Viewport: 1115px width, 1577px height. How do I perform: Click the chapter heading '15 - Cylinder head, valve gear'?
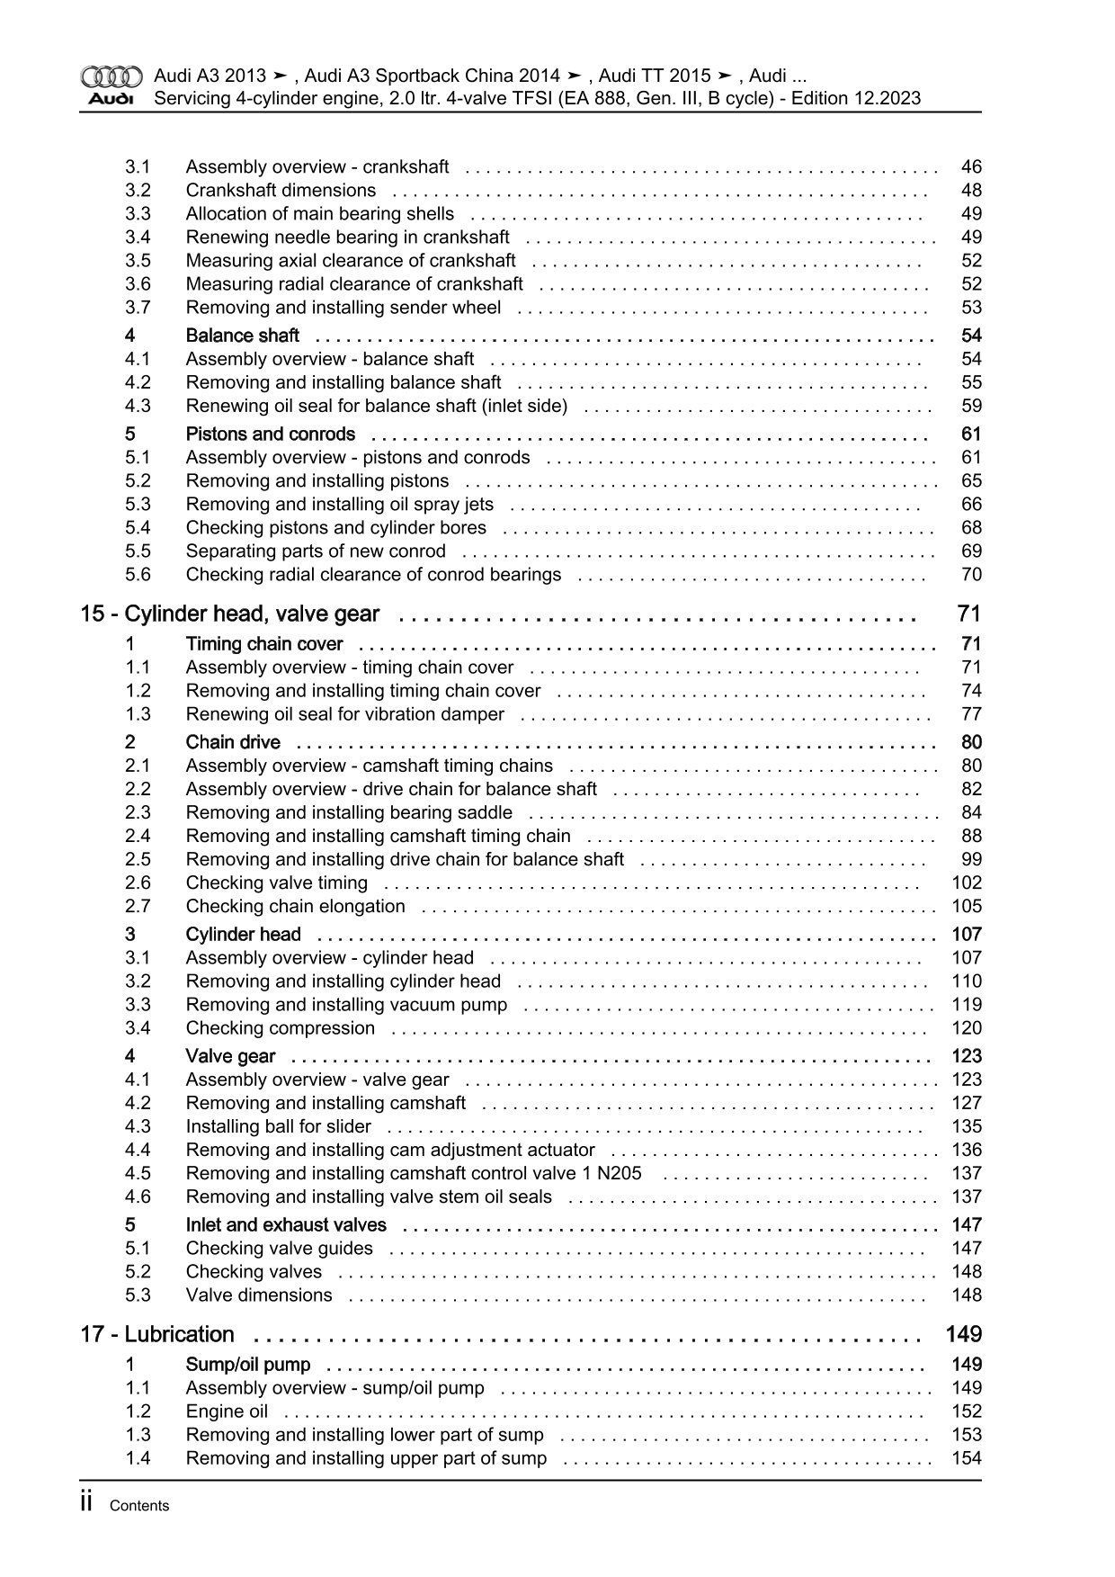pos(230,614)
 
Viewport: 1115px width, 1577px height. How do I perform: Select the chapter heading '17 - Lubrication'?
pos(157,1335)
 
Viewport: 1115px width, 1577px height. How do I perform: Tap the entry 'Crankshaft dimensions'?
pos(281,191)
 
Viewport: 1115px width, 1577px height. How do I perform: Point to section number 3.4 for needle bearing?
pos(138,237)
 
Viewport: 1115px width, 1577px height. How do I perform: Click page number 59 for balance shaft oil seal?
pos(971,407)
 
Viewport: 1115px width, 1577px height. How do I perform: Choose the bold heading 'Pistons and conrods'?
pos(271,435)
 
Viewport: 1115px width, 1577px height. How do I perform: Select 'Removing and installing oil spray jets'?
pos(340,505)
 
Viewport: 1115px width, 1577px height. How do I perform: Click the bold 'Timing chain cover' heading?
pos(264,644)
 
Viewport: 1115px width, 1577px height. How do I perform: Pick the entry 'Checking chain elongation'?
pos(295,907)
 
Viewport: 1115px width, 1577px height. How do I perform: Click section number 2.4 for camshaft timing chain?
pos(138,837)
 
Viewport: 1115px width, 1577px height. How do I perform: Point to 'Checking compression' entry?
pos(281,1028)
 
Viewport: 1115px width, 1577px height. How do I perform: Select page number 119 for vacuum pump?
pos(967,1005)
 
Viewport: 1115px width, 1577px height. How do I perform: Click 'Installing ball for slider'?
pos(279,1127)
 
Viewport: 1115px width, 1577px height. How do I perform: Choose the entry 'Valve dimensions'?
pos(259,1295)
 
